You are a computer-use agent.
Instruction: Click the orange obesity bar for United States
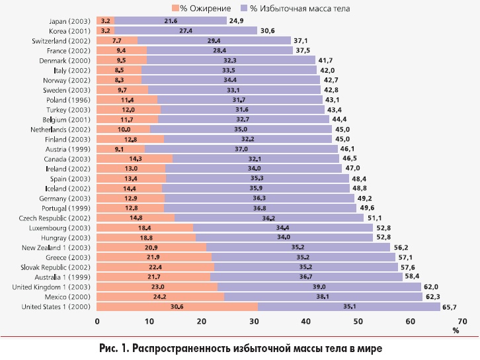click(x=177, y=306)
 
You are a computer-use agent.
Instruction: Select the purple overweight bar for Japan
click(x=171, y=21)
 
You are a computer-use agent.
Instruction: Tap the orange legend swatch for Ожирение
click(x=175, y=8)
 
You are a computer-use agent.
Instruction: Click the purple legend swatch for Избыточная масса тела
click(x=244, y=8)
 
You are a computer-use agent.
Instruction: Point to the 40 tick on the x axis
click(x=306, y=321)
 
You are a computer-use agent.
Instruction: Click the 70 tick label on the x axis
click(x=462, y=321)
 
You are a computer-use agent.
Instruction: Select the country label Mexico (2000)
click(x=67, y=297)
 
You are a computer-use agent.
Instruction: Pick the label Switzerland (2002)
click(x=61, y=41)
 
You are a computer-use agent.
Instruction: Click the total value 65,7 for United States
click(x=450, y=307)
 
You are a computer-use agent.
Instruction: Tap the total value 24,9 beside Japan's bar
click(x=236, y=21)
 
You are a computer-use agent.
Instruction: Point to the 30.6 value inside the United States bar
click(x=177, y=306)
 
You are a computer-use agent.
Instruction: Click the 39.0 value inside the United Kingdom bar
click(x=319, y=287)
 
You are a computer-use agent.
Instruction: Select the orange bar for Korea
click(x=106, y=30)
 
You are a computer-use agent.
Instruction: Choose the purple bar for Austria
click(x=241, y=149)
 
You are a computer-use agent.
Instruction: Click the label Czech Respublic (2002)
click(x=55, y=218)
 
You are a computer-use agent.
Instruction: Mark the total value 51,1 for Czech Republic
click(x=375, y=218)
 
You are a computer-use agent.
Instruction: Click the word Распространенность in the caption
click(x=180, y=348)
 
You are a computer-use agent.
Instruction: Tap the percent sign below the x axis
click(x=456, y=331)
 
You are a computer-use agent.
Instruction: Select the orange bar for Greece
click(x=154, y=257)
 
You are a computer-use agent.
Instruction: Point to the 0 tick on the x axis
click(x=97, y=321)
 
